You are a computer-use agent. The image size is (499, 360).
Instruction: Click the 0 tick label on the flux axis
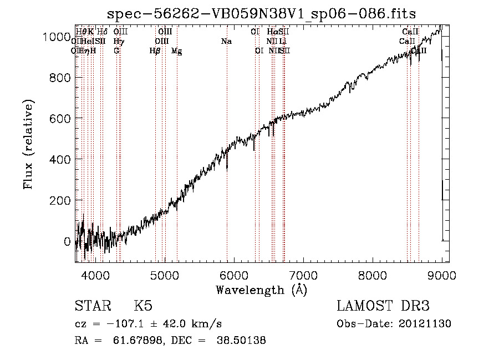click(x=67, y=241)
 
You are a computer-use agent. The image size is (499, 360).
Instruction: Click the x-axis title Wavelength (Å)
click(x=261, y=290)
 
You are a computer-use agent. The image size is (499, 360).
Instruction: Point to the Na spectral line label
click(x=226, y=42)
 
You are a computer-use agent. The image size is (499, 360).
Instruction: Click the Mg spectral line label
click(x=176, y=51)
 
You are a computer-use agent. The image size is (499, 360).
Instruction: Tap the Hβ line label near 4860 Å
click(x=155, y=51)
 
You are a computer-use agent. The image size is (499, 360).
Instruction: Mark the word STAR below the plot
click(x=92, y=306)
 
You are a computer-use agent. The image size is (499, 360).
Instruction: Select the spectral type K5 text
click(x=143, y=306)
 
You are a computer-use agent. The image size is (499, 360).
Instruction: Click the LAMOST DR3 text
click(x=383, y=306)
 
